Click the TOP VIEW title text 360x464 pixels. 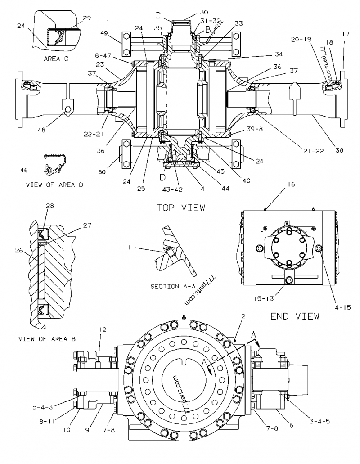coord(180,207)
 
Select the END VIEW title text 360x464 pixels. coord(295,316)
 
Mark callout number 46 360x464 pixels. coord(24,170)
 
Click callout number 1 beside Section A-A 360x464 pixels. coord(129,247)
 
